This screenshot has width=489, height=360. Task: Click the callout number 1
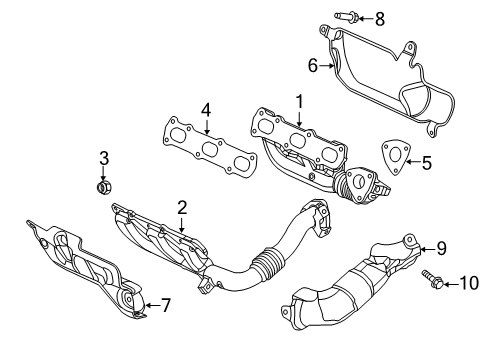pyautogui.click(x=297, y=102)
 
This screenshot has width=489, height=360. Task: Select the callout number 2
pyautogui.click(x=182, y=207)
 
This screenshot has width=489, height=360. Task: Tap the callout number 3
pyautogui.click(x=103, y=157)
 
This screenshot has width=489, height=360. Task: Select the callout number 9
pyautogui.click(x=441, y=250)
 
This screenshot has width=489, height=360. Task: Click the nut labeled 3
pyautogui.click(x=103, y=185)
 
